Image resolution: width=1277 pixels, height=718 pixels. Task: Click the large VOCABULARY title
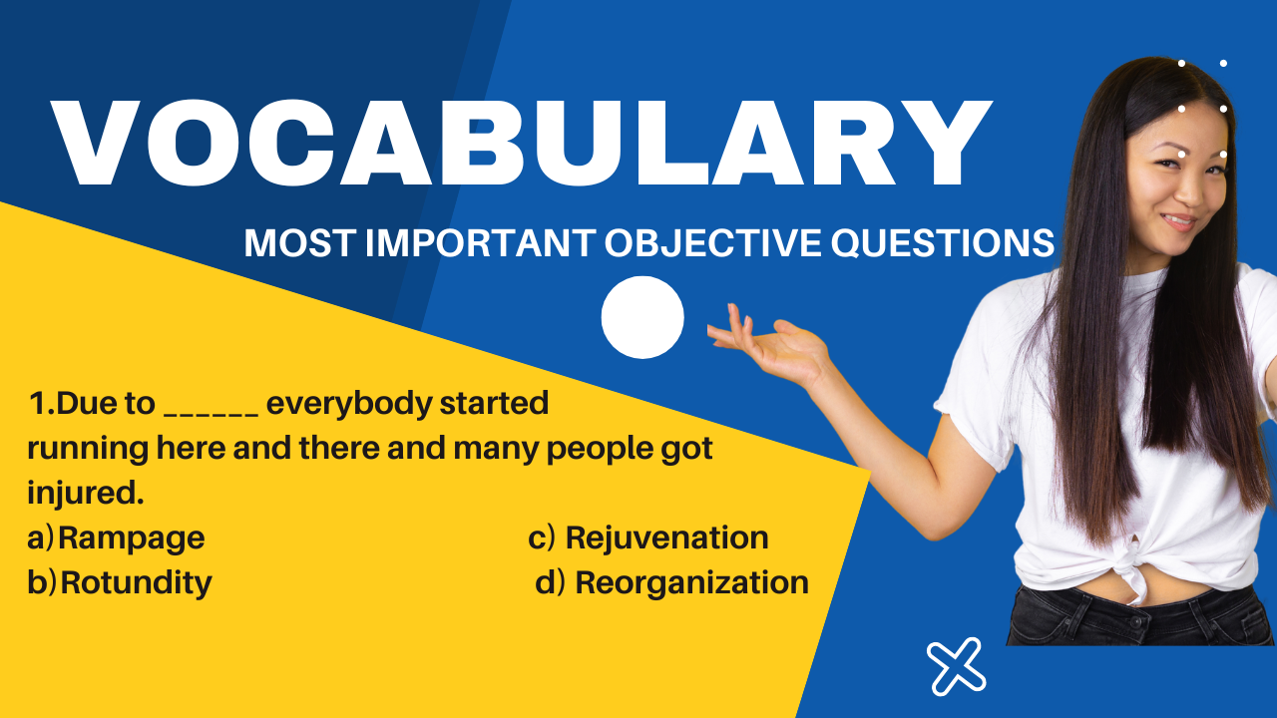point(521,143)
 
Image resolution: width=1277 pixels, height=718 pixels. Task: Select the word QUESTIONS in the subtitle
point(943,243)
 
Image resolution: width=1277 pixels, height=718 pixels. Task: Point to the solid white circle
point(642,317)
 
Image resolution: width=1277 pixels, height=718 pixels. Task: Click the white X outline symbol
point(956,666)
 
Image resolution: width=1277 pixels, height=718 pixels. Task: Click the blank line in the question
point(211,414)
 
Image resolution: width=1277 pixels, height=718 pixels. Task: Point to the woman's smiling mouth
point(1180,221)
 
